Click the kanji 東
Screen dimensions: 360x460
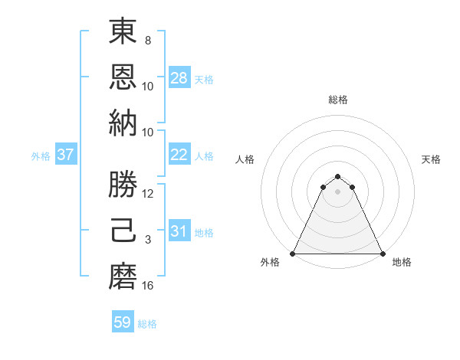pyautogui.click(x=123, y=33)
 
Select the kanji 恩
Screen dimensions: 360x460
pyautogui.click(x=123, y=77)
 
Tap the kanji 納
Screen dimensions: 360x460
pyautogui.click(x=123, y=123)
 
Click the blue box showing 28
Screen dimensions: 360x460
pyautogui.click(x=179, y=78)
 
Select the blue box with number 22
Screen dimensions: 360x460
pyautogui.click(x=179, y=155)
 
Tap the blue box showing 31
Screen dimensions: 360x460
pyautogui.click(x=179, y=231)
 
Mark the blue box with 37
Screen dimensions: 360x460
pyautogui.click(x=66, y=155)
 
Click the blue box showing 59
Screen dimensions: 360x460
pyautogui.click(x=123, y=322)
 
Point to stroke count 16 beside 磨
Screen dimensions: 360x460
pyautogui.click(x=148, y=286)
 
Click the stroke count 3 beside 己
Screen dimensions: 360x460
pyautogui.click(x=148, y=241)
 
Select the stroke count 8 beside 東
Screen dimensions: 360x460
pyautogui.click(x=148, y=41)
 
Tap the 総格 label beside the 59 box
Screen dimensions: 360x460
pyautogui.click(x=147, y=324)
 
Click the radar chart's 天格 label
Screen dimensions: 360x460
pyautogui.click(x=431, y=159)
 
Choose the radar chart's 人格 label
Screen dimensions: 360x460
pyautogui.click(x=245, y=159)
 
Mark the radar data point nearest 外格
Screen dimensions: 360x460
pyautogui.click(x=293, y=254)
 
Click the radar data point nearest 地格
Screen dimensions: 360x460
pyautogui.click(x=383, y=254)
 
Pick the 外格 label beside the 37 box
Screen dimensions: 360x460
pyautogui.click(x=41, y=156)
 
